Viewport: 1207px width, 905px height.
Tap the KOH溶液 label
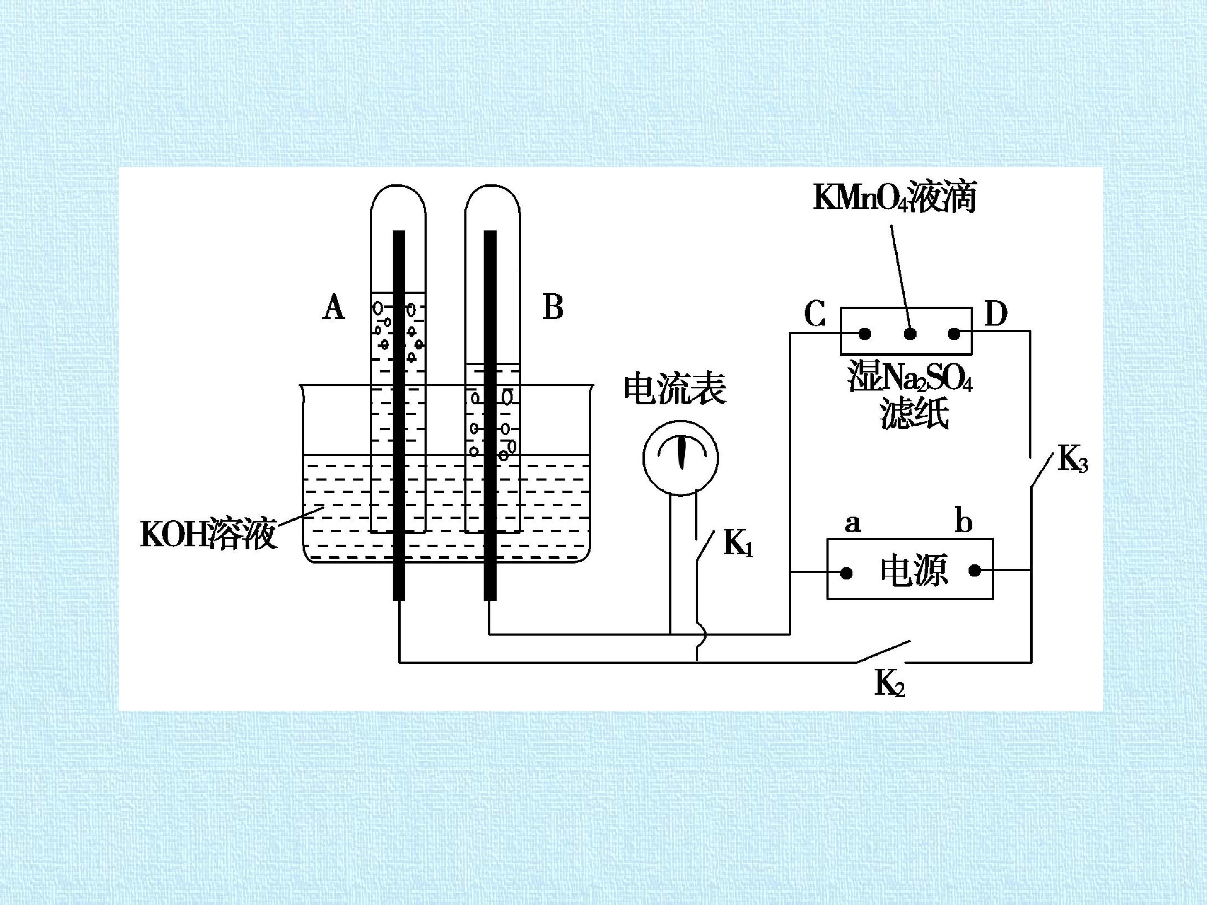(208, 533)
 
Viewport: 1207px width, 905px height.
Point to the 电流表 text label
(676, 388)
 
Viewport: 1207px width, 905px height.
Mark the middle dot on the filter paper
(909, 334)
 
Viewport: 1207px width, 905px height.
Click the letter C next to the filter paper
(815, 314)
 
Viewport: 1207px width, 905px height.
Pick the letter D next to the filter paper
(996, 314)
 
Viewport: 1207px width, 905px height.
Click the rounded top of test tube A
(398, 186)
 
